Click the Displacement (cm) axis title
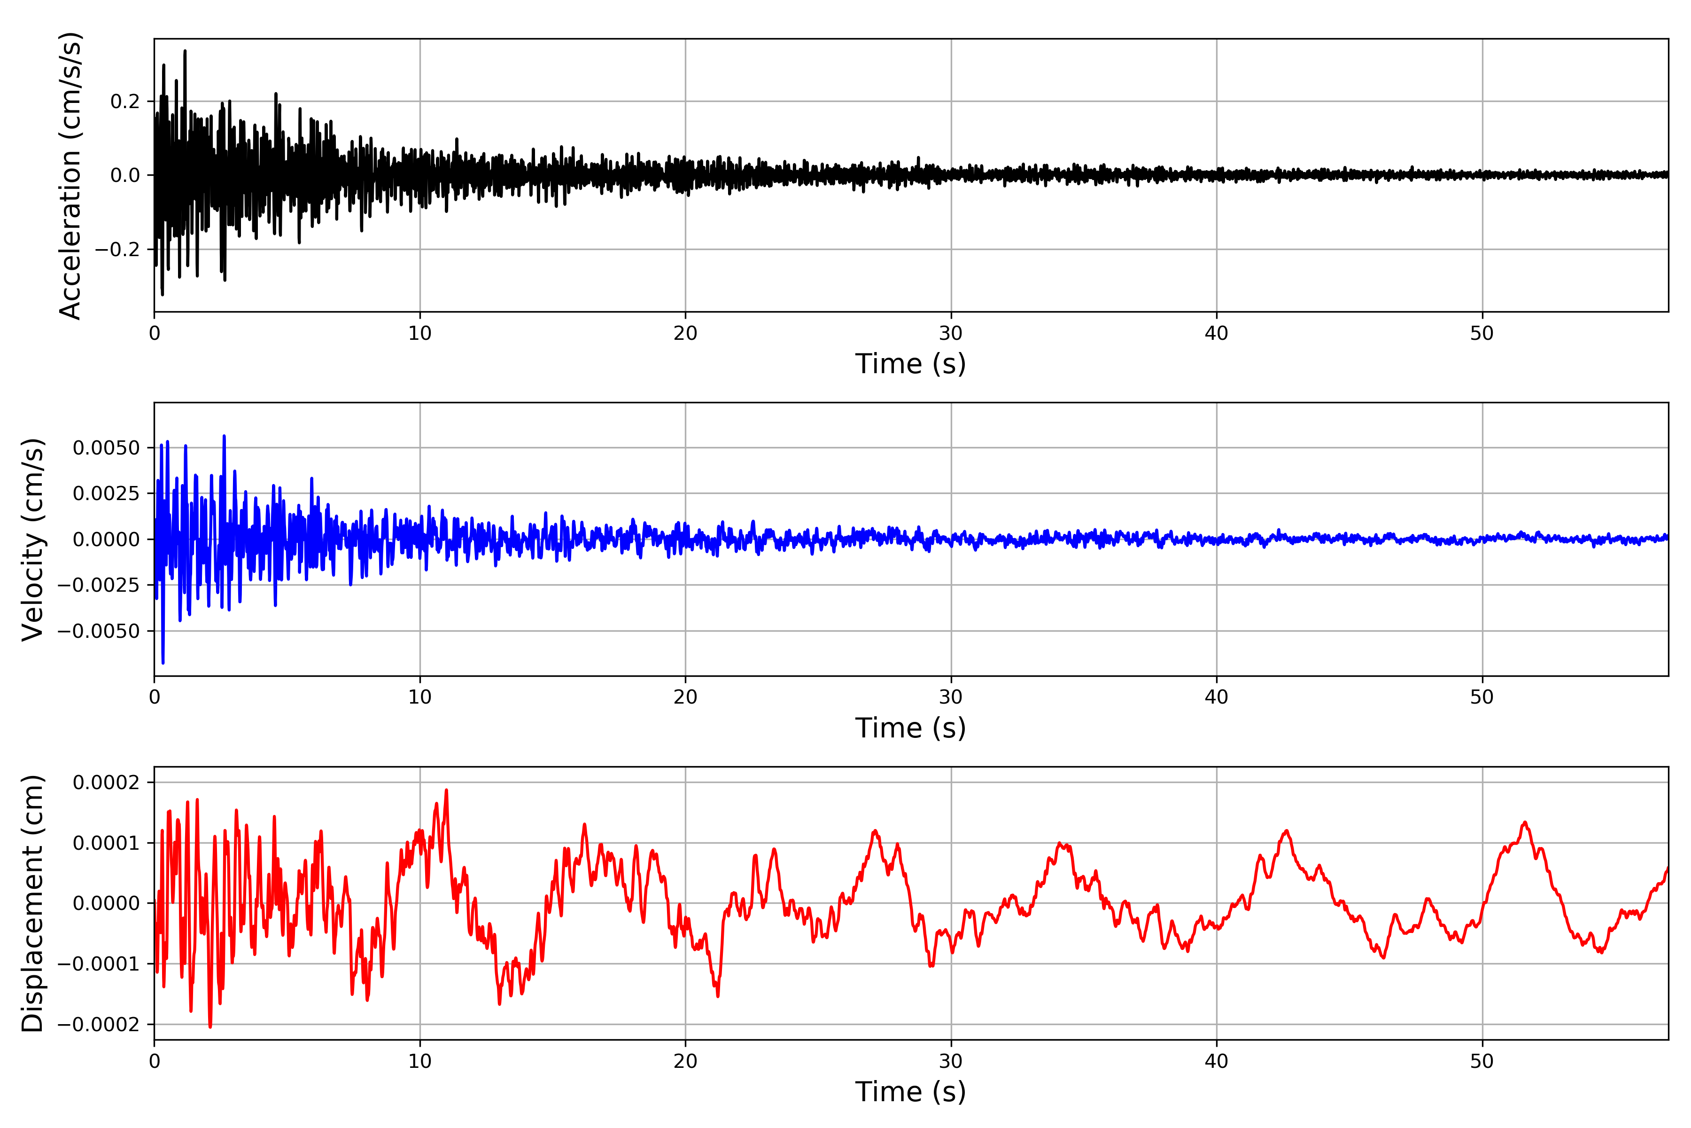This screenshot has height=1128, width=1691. tap(32, 903)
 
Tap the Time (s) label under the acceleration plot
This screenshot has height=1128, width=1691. tap(910, 364)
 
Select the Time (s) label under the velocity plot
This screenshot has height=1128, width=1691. tap(910, 728)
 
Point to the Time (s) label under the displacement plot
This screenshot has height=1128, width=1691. tap(910, 1092)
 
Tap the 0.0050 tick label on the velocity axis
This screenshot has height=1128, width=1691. tap(107, 448)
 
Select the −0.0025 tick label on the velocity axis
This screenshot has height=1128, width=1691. tap(99, 585)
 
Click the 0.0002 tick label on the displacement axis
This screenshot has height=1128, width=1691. tap(107, 782)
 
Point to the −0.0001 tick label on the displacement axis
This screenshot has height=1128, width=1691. tap(99, 964)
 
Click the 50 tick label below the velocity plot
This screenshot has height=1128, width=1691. tap(1482, 697)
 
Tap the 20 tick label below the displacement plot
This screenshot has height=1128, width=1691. tap(685, 1061)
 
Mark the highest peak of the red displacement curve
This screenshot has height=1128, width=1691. tap(447, 790)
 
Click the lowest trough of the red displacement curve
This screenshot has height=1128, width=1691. tap(210, 1026)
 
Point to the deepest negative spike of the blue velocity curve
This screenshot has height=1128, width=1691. tap(163, 663)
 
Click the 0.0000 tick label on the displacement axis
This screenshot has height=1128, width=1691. tap(107, 903)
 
